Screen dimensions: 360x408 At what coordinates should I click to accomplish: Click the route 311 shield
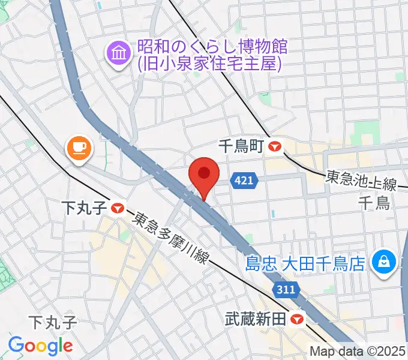click(x=287, y=290)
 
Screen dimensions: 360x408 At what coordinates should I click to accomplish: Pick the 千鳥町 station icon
click(x=276, y=146)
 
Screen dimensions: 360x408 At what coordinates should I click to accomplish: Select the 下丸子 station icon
click(x=116, y=209)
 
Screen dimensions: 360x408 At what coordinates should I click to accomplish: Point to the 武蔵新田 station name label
click(x=254, y=319)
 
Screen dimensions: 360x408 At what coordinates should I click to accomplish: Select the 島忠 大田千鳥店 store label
click(x=305, y=263)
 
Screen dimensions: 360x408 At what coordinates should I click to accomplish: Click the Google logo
click(x=40, y=346)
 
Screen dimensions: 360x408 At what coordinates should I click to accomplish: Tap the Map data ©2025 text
click(x=358, y=352)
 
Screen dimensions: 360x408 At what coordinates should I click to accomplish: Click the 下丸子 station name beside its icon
click(x=84, y=209)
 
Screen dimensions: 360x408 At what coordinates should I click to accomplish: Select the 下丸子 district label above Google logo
click(x=53, y=323)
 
